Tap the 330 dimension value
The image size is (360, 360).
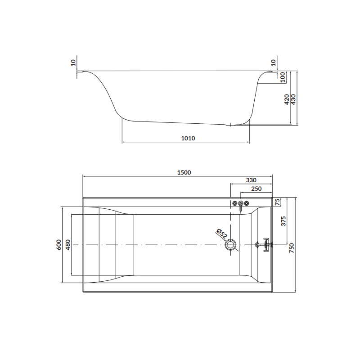coord(252,180)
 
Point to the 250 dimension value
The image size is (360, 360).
coord(256,189)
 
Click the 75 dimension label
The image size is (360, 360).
coord(278,202)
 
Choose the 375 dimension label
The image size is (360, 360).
coord(283,221)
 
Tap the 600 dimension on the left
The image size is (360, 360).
coord(58,244)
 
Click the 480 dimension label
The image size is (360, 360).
coord(68,244)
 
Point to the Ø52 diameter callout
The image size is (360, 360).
coord(221,234)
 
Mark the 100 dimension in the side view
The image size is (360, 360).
coord(282,76)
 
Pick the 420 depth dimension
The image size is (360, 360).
coord(287,99)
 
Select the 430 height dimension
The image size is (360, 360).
coord(294,99)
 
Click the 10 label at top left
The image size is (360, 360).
coord(74,63)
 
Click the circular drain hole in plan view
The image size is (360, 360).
coord(231,245)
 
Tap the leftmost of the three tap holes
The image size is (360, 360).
coord(235,203)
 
